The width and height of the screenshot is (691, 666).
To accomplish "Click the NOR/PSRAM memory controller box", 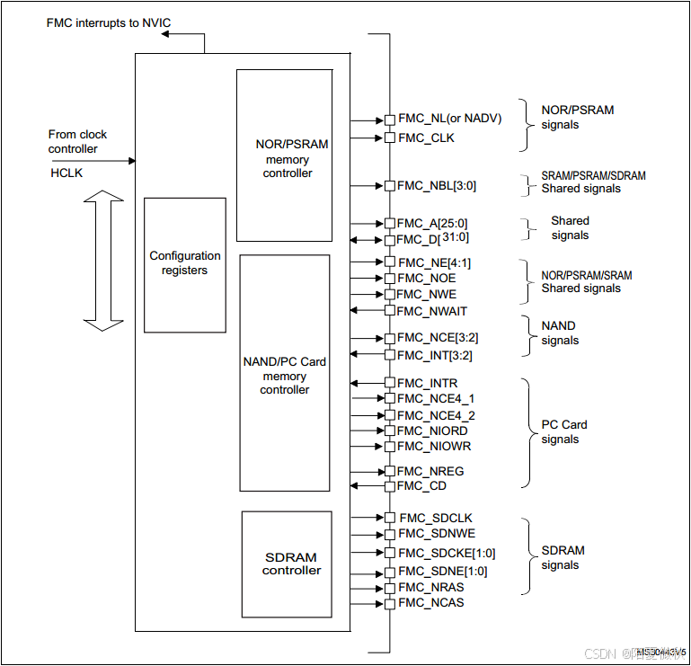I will [x=284, y=155].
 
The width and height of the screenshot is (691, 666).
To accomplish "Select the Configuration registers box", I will [x=185, y=264].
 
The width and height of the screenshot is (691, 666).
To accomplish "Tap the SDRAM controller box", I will [x=287, y=564].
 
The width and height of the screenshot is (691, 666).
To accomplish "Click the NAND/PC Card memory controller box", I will [x=285, y=373].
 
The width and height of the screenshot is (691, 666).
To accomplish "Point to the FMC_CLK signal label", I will [x=426, y=138].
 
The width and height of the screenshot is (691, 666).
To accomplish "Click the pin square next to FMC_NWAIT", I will [x=389, y=310].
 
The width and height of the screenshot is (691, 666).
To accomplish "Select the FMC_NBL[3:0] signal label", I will [x=437, y=186].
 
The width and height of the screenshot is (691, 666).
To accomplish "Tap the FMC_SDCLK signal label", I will [x=436, y=518].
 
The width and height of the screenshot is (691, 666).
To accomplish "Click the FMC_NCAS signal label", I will [x=431, y=602].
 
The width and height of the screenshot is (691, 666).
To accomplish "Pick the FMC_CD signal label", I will [x=422, y=486].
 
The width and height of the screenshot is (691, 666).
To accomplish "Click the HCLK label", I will [x=66, y=173].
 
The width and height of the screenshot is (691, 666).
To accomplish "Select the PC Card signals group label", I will [x=563, y=431].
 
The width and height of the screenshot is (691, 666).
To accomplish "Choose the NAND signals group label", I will [x=560, y=333].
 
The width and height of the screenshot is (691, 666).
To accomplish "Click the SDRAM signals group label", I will [x=563, y=557].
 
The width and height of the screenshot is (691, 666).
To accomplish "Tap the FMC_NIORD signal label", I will [x=433, y=431].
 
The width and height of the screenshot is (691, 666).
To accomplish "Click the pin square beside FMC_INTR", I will [x=389, y=383].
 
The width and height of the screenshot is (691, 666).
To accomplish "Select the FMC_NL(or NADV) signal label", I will [x=449, y=119].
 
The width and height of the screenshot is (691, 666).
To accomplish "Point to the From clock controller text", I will [x=77, y=141].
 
